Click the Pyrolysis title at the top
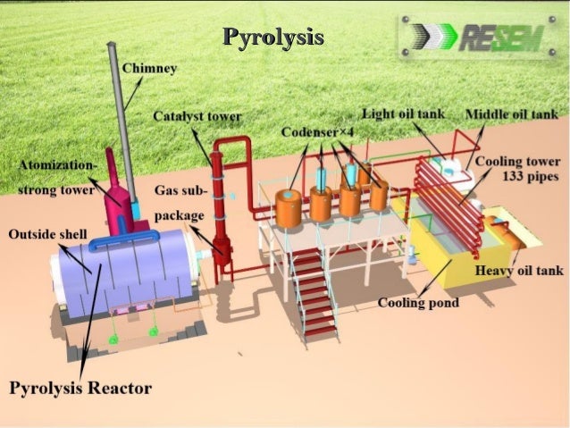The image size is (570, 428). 272,38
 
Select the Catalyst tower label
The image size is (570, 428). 197,117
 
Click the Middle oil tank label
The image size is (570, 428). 512,114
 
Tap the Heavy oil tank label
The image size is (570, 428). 518,271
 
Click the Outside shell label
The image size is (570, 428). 47,234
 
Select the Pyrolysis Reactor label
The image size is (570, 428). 80,388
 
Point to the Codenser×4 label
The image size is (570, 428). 321,132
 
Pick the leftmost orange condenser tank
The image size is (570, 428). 289,208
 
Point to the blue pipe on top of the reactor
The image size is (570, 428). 134,238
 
